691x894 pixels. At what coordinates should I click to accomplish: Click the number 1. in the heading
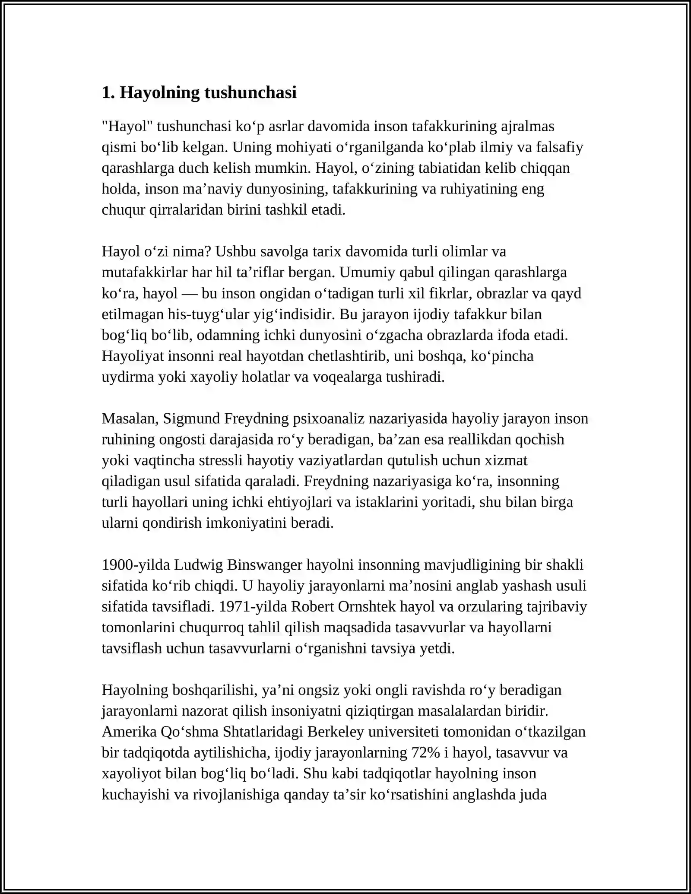108,92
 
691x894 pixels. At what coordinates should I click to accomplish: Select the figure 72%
426,752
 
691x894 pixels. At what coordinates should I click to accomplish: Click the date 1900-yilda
136,564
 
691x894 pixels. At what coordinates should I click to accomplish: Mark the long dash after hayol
190,293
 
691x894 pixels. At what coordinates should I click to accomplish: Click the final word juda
535,794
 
